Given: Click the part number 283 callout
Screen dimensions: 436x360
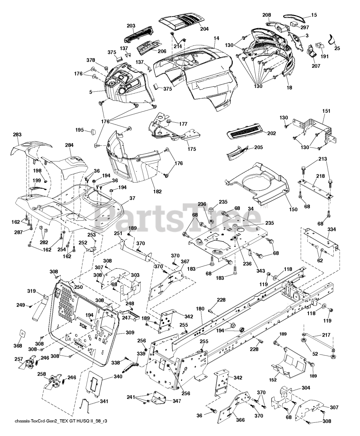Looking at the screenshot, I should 17,135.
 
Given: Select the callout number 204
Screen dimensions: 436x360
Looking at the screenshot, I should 204,29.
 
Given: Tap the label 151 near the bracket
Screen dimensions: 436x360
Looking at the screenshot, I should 326,111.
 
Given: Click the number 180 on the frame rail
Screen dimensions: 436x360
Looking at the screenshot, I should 200,309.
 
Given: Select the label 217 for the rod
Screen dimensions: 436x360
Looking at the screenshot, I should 317,336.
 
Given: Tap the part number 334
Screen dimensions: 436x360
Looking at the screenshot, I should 331,230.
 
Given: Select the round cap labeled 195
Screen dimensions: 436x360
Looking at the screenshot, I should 92,131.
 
